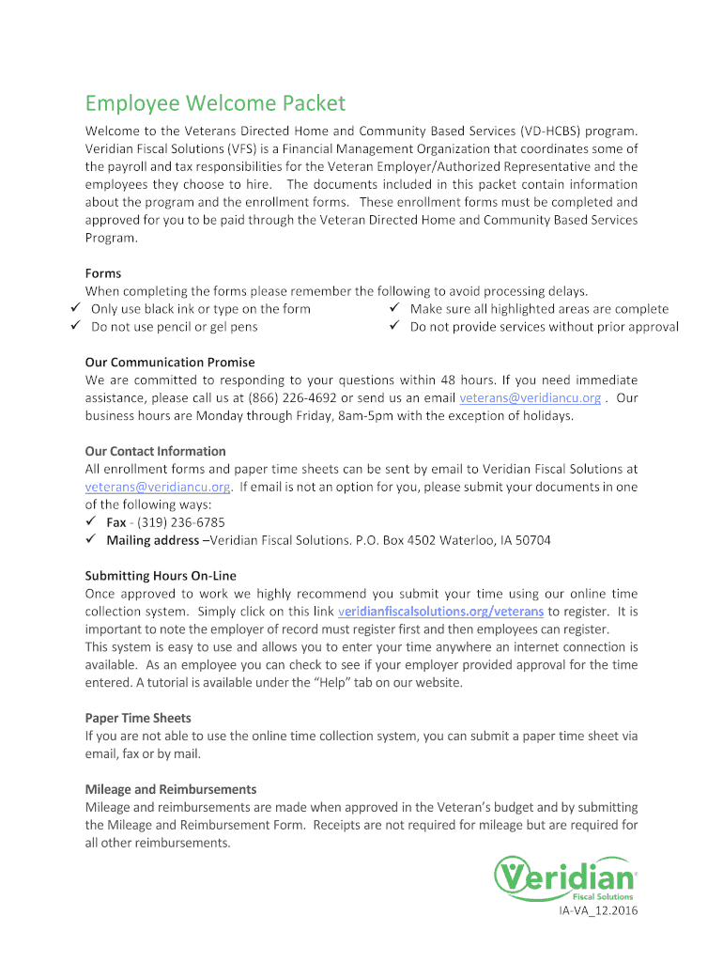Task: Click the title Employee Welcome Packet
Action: click(x=215, y=102)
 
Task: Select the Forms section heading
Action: click(x=103, y=273)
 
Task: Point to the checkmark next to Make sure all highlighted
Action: click(x=395, y=308)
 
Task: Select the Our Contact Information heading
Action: click(x=156, y=451)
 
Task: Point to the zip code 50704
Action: click(x=531, y=540)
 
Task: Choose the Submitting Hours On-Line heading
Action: click(x=161, y=576)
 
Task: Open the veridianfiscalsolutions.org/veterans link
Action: click(x=440, y=612)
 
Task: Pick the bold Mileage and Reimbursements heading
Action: click(x=171, y=789)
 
